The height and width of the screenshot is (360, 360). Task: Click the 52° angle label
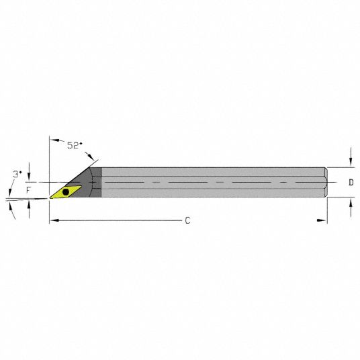tap(75, 145)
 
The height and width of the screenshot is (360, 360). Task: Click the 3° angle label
tap(17, 174)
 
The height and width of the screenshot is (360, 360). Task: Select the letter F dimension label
tap(28, 190)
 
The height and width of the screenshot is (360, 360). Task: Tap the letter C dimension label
tap(187, 221)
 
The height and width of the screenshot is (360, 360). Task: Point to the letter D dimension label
tap(351, 183)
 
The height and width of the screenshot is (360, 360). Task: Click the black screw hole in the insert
tap(66, 192)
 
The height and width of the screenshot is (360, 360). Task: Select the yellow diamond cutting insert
tap(65, 192)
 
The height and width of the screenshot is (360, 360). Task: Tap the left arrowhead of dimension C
tap(54, 220)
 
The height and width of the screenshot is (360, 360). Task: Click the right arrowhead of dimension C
tap(321, 220)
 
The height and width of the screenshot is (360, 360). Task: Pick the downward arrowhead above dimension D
tap(351, 162)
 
